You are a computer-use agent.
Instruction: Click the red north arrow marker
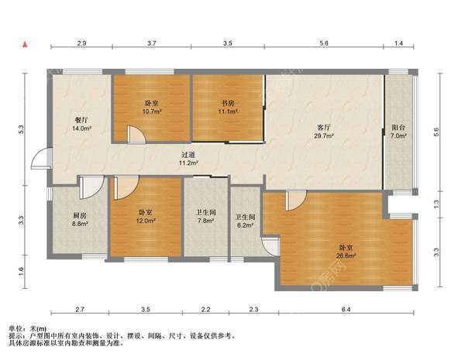(x=26, y=45)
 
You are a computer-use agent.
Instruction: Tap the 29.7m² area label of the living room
(x=324, y=136)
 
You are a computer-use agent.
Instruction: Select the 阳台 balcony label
(x=398, y=128)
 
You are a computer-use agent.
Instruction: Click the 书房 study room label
(x=229, y=103)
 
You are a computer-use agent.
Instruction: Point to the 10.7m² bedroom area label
(x=152, y=111)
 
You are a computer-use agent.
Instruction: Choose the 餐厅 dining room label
(x=81, y=120)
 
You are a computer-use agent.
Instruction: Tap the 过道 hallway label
(x=188, y=155)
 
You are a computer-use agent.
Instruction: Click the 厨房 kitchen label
(x=80, y=215)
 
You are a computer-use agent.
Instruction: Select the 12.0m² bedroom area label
(x=146, y=221)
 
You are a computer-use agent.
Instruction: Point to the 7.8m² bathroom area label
(x=206, y=221)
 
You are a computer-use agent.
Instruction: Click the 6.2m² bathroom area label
(x=245, y=225)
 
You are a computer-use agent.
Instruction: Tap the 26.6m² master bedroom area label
(x=346, y=255)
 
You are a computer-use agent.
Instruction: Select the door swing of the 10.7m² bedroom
(x=136, y=134)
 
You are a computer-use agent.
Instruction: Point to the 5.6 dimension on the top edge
(x=324, y=43)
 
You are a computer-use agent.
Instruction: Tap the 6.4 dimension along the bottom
(x=346, y=310)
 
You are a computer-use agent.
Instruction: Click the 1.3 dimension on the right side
(x=436, y=204)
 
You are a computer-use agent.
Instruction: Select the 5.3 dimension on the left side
(x=21, y=129)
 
